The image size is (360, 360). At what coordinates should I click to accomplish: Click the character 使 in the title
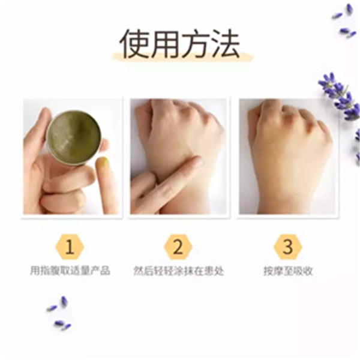pos(134,44)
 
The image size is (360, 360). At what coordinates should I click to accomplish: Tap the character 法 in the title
pos(226,44)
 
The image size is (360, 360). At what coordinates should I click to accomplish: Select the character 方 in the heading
pos(195,44)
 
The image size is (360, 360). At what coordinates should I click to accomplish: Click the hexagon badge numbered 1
pos(70,247)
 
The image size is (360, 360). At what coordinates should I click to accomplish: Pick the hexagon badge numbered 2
pos(178,247)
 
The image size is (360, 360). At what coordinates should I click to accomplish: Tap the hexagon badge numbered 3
pos(287,247)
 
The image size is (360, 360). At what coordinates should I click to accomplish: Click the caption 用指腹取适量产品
pos(70,271)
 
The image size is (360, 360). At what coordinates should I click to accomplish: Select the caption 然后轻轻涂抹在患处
pos(179,271)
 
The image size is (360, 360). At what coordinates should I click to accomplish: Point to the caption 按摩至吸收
pos(288,271)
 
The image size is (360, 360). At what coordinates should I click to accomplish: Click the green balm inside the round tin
pos(74,136)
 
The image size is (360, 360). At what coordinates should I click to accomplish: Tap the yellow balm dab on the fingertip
pos(103,161)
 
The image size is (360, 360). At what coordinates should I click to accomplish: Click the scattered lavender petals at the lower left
pos(59,313)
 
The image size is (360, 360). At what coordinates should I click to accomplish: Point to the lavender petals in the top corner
pos(345,21)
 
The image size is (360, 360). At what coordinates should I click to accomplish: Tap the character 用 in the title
pos(164,44)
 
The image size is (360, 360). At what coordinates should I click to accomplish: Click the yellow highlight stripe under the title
pos(182,57)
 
